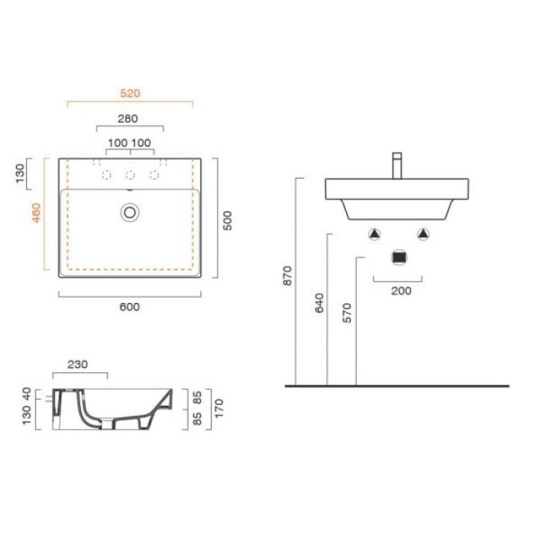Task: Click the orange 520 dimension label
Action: tap(130, 94)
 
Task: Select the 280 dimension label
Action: tap(128, 119)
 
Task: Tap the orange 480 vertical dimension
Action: tap(36, 213)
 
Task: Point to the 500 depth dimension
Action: tap(227, 220)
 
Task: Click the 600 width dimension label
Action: tap(129, 307)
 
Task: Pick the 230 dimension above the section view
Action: tap(77, 364)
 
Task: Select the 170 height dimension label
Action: tap(219, 409)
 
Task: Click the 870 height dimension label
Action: tap(288, 276)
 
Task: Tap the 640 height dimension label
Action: tap(319, 303)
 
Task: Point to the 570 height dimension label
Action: tap(347, 313)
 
